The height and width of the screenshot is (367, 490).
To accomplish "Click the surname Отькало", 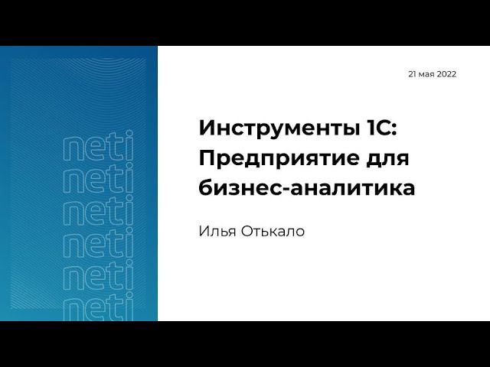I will click(x=273, y=231).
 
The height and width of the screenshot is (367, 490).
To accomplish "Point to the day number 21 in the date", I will click(x=413, y=74).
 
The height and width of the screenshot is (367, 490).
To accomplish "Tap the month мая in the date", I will click(x=428, y=75).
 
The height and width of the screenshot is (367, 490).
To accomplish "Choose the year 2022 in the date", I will click(x=446, y=74).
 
